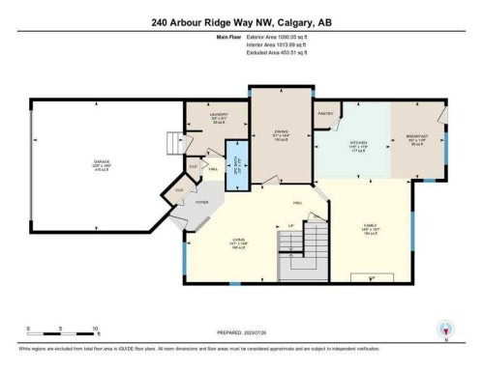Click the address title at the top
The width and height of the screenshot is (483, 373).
tap(242, 22)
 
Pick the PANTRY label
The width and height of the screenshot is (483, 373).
tap(325, 113)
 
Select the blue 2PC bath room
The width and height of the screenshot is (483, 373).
tap(231, 169)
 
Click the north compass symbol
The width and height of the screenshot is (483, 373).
tap(444, 329)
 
